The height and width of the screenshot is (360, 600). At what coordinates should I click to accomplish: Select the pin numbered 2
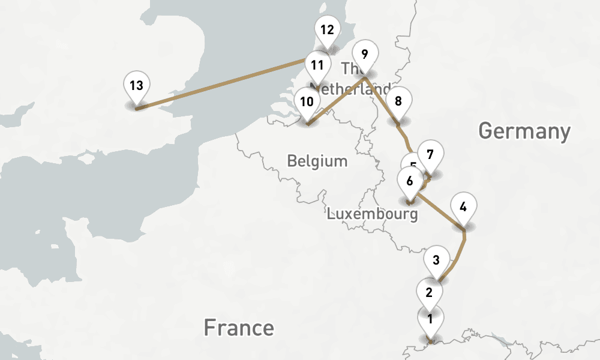click(x=429, y=293)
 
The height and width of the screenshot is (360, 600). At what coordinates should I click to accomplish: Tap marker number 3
click(x=436, y=260)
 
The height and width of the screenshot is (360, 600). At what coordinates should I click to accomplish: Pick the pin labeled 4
click(x=463, y=208)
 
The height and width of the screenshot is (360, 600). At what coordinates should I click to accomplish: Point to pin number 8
click(x=398, y=101)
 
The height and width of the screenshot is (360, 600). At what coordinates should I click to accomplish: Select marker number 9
click(x=365, y=55)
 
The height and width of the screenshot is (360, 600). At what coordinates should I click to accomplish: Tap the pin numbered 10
click(x=307, y=102)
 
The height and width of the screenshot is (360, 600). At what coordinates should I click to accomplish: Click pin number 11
click(x=317, y=65)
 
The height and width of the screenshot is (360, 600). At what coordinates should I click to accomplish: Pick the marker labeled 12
click(x=327, y=30)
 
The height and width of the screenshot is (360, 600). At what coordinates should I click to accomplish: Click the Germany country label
click(x=524, y=131)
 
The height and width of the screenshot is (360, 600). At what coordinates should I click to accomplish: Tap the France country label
click(x=239, y=328)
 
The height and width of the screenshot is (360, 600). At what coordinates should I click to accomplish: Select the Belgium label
click(x=317, y=161)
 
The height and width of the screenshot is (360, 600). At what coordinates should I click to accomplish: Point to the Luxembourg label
click(x=372, y=214)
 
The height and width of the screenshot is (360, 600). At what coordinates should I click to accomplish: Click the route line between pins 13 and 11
click(x=222, y=85)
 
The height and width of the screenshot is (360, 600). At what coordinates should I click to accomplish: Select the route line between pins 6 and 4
click(x=440, y=209)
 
